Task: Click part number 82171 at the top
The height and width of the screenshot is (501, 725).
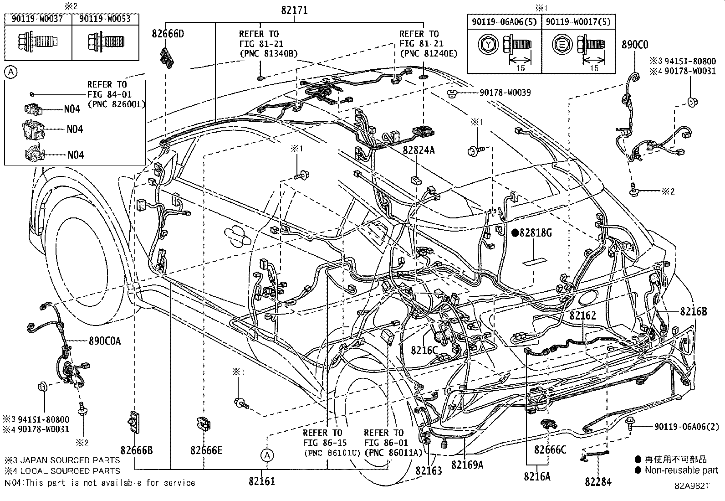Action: coord(294,10)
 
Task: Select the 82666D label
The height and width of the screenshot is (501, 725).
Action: coord(169,34)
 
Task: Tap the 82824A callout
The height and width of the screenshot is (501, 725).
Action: coord(419,150)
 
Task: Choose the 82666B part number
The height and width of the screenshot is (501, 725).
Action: coord(137,450)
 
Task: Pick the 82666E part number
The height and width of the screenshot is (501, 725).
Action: coord(206,450)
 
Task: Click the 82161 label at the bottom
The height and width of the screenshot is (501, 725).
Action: coord(262,481)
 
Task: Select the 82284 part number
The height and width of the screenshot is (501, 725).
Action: coord(598,482)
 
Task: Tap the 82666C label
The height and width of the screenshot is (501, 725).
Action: coord(550,450)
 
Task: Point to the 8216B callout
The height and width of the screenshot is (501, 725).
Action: coord(693,312)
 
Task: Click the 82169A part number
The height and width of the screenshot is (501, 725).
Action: coord(467,465)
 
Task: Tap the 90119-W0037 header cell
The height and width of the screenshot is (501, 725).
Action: coord(38,19)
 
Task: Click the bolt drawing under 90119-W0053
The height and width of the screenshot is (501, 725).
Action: coord(106,42)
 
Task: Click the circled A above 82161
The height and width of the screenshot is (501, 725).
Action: coord(267,455)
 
